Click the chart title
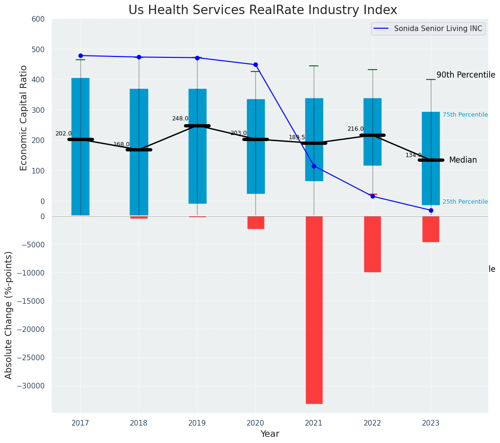click(x=262, y=10)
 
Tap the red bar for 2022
click(x=373, y=244)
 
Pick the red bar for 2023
click(x=431, y=229)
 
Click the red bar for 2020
click(x=255, y=222)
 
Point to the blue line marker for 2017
click(x=80, y=55)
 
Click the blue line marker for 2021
click(x=314, y=166)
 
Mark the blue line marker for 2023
click(x=431, y=210)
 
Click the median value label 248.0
click(x=180, y=119)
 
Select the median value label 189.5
click(x=297, y=138)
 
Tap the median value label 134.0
click(x=413, y=156)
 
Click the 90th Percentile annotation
click(x=466, y=75)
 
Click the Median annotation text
click(x=463, y=160)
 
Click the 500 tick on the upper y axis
click(x=38, y=49)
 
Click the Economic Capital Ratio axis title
click(x=24, y=118)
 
